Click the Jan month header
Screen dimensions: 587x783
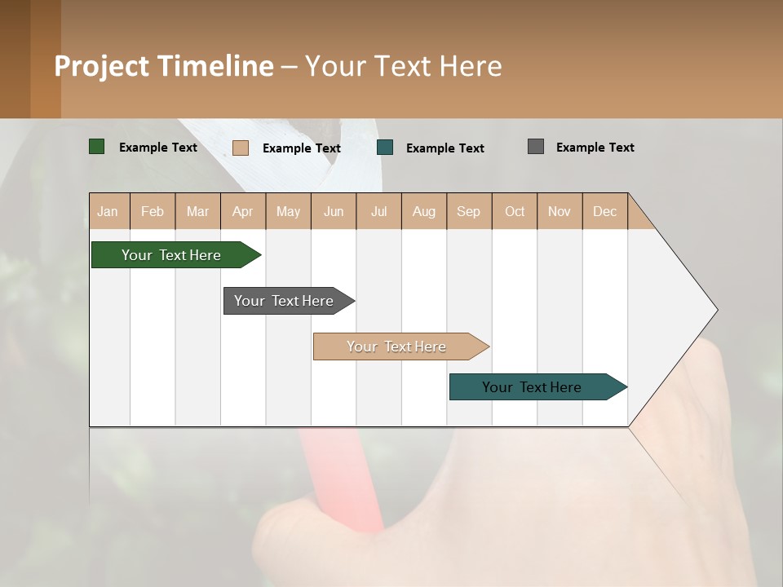click(x=108, y=211)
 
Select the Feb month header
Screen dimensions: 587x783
click(x=153, y=211)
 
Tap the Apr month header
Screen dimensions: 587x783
click(x=243, y=211)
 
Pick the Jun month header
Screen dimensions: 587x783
click(x=334, y=211)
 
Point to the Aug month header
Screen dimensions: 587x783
click(x=424, y=211)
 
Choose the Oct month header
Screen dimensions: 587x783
click(x=515, y=211)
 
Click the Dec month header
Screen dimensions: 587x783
click(x=605, y=211)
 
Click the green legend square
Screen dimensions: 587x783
click(x=97, y=147)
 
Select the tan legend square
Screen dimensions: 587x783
click(x=241, y=148)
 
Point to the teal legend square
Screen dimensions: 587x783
click(x=385, y=148)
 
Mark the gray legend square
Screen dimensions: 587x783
click(x=536, y=147)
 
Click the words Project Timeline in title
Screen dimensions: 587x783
click(x=164, y=66)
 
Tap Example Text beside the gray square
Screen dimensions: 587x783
click(x=595, y=148)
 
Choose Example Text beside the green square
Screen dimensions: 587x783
click(x=158, y=148)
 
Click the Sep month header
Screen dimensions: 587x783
click(x=469, y=211)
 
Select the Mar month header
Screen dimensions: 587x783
click(x=198, y=211)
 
